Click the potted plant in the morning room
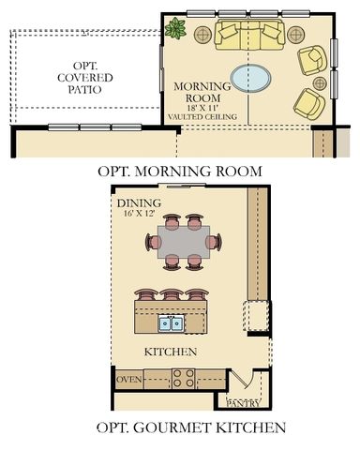pos(175,28)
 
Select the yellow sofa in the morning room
pos(248,36)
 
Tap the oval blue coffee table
pos(249,75)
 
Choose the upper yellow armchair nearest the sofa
pos(312,61)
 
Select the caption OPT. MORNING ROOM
pos(179,171)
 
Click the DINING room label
pos(139,202)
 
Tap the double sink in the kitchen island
pos(170,323)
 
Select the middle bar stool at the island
pos(170,294)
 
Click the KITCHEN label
pos(170,352)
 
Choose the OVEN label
pos(128,380)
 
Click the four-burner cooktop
pos(182,379)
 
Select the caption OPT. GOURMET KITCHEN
pos(178,428)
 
